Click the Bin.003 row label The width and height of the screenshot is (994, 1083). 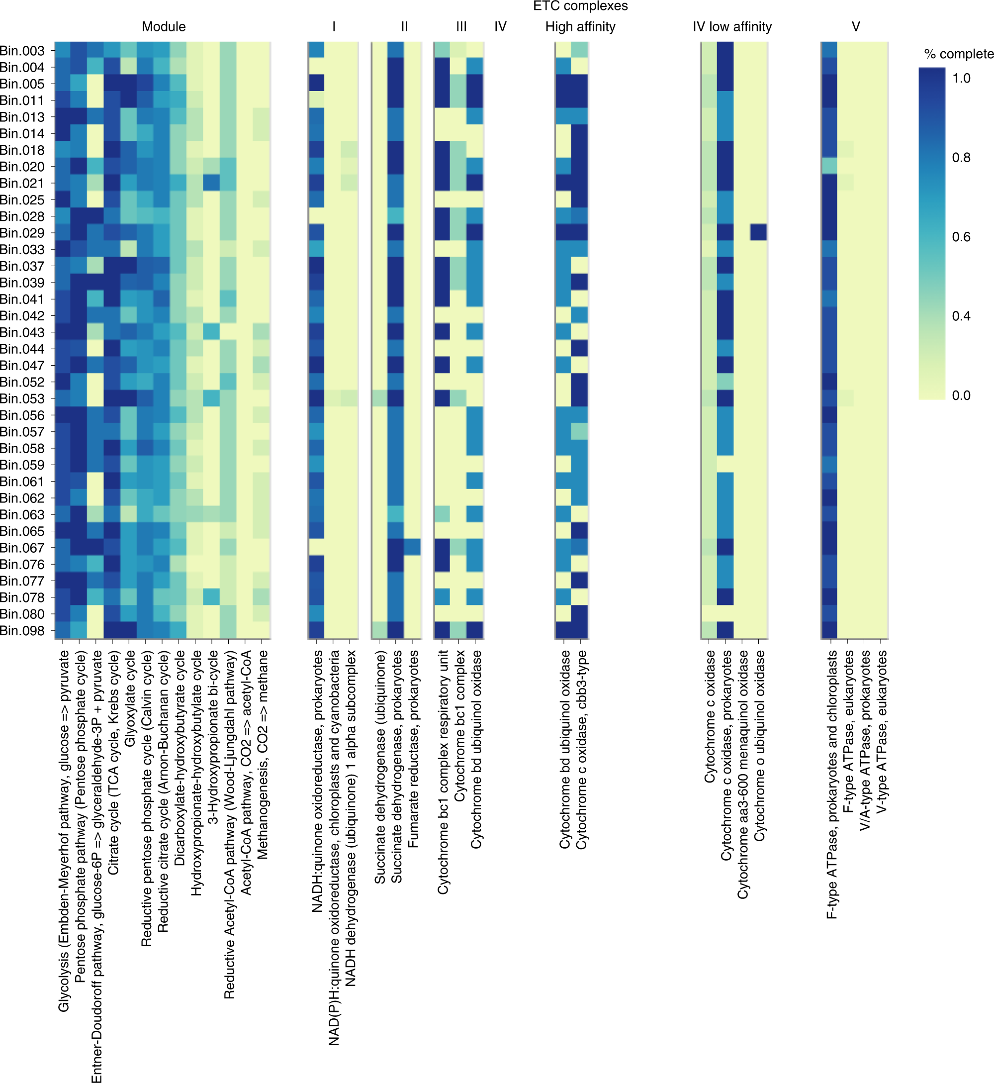point(22,51)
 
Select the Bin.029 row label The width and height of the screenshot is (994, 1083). point(22,233)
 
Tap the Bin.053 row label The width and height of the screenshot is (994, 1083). point(22,398)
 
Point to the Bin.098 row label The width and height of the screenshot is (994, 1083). point(22,630)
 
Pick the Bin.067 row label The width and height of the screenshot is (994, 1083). point(22,548)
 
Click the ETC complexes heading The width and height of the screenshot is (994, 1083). point(580,6)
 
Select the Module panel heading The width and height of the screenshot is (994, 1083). point(164,27)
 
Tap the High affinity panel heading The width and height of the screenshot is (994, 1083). point(580,27)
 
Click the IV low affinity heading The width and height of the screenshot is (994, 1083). point(732,27)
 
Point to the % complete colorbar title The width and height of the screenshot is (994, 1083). point(959,54)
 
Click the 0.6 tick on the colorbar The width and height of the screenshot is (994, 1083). point(961,237)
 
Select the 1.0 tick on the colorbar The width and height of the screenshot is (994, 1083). point(961,79)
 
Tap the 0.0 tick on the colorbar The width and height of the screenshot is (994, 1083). point(961,395)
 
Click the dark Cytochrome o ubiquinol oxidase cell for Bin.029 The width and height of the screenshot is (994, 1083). point(758,232)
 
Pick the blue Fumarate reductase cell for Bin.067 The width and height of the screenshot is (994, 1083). point(412,547)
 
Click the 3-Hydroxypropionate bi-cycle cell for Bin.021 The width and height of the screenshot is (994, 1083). point(211,183)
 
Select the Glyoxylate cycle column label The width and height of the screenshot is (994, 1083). point(130,698)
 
